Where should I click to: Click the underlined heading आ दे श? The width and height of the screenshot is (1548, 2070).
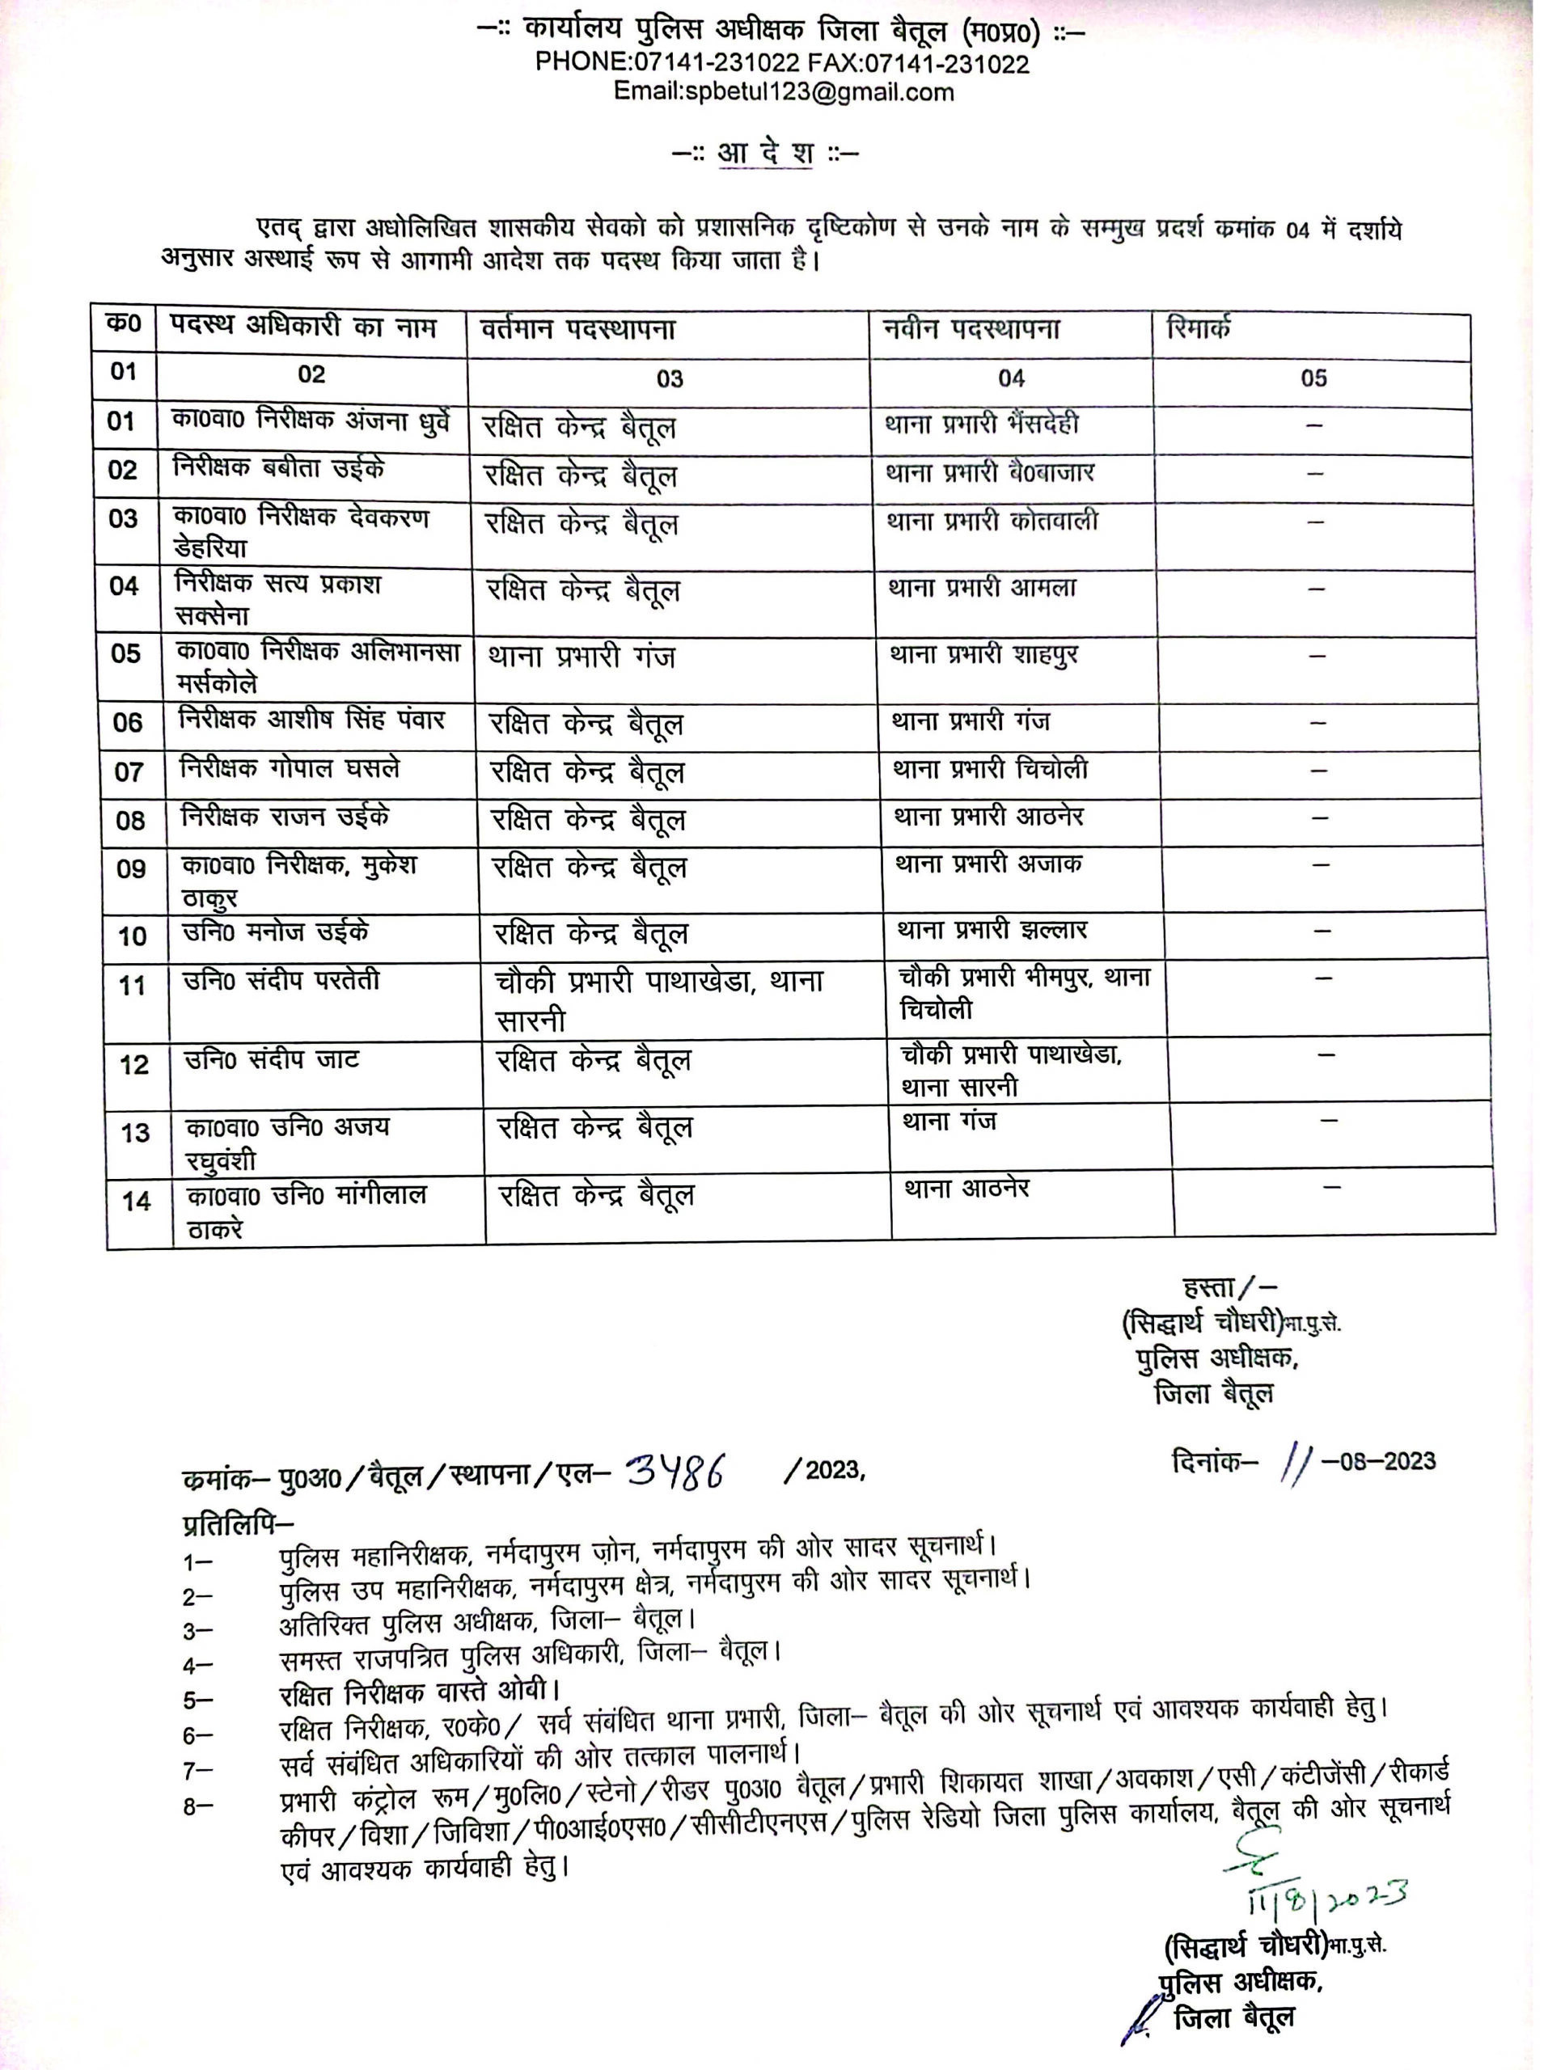764,153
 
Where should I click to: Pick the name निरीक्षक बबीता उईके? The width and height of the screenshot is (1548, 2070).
279,468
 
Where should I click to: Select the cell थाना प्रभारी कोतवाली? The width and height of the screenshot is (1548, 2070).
992,522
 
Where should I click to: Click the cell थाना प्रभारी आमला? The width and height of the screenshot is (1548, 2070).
982,588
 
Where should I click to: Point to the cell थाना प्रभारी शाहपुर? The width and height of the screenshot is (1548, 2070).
984,654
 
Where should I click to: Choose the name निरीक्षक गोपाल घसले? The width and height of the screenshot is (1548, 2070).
290,769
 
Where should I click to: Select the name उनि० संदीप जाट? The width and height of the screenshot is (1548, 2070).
272,1059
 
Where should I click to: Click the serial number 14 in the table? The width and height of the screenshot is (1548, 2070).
137,1201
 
